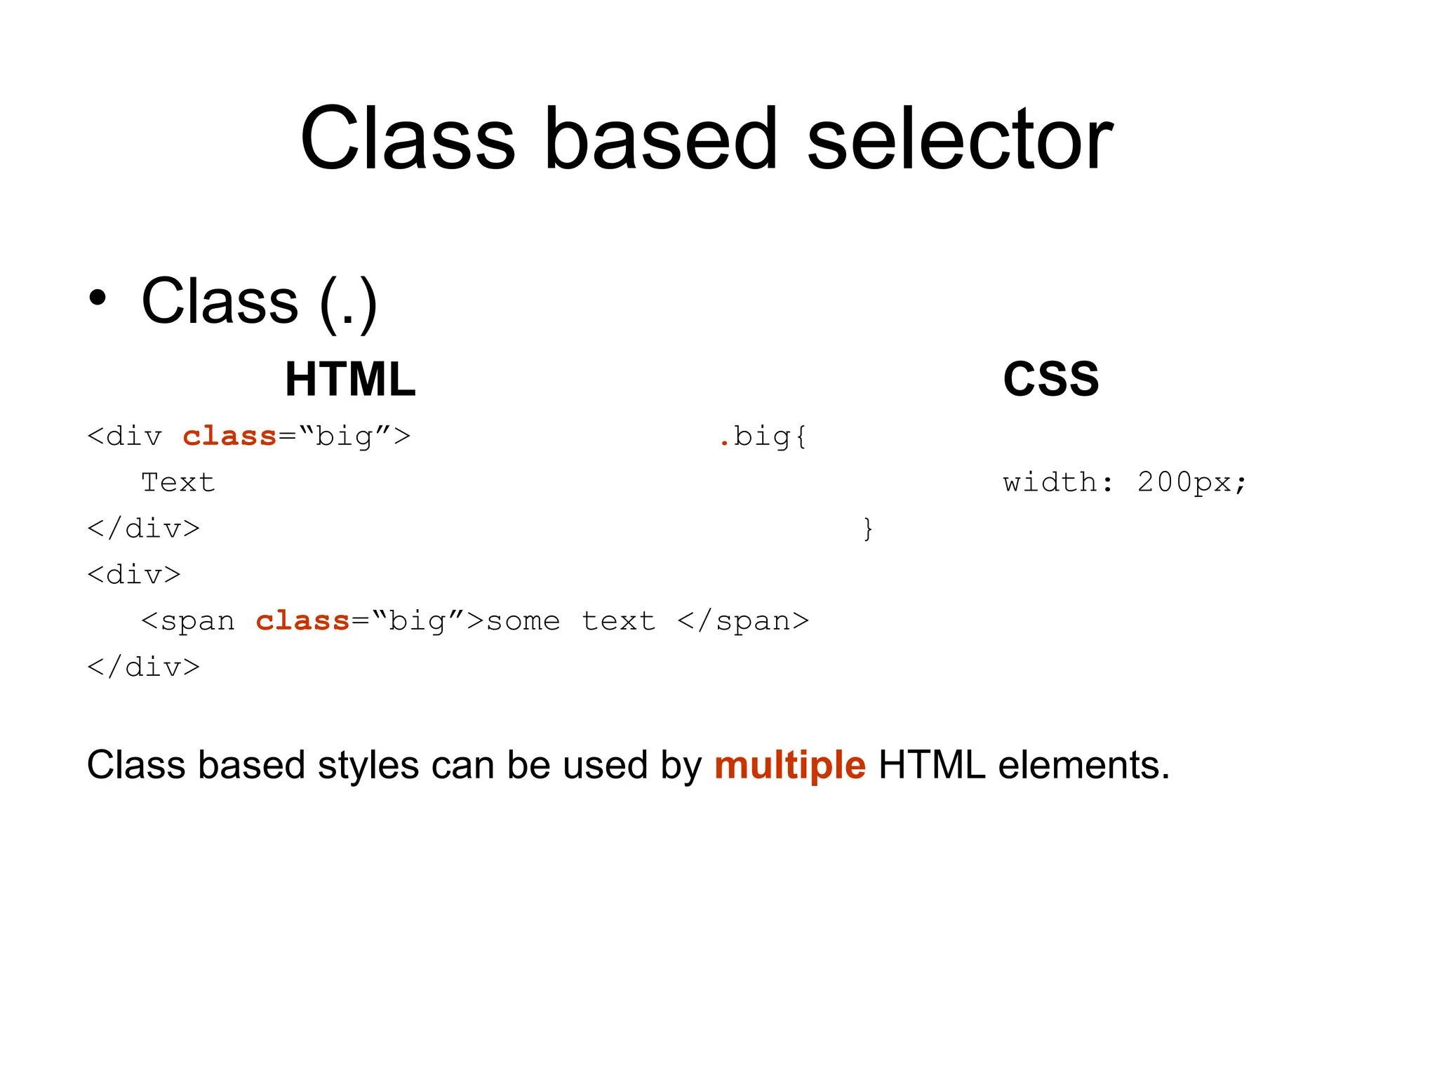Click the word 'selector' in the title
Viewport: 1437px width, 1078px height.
click(x=959, y=139)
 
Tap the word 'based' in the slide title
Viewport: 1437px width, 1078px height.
click(x=661, y=139)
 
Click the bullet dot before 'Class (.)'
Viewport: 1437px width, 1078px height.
click(x=98, y=298)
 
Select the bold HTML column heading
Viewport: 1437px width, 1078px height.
click(x=350, y=379)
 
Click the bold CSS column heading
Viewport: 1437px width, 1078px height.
click(x=1050, y=379)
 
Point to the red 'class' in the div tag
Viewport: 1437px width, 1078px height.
click(x=229, y=436)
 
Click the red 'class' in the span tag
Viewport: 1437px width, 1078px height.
click(x=302, y=620)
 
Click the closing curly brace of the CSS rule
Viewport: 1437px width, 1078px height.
click(x=868, y=528)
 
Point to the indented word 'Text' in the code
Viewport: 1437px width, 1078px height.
click(x=178, y=482)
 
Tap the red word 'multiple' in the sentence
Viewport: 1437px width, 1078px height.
click(x=789, y=765)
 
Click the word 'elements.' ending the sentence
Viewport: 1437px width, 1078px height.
click(x=1083, y=765)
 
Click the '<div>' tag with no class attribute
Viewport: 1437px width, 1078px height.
click(x=134, y=575)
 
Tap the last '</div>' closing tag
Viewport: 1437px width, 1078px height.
click(x=143, y=667)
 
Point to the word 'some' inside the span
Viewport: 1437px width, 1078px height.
click(x=523, y=621)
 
